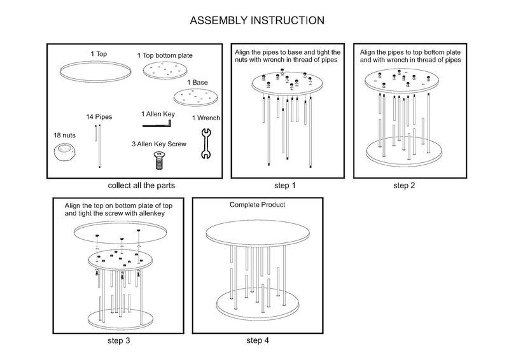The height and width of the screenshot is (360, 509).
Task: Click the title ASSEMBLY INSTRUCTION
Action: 258,20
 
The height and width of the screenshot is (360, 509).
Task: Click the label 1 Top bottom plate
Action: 165,56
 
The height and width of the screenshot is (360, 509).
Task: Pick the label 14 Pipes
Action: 99,117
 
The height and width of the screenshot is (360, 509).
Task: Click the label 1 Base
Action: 197,83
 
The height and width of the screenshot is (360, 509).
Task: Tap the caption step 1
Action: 284,186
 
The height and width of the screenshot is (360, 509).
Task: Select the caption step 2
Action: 404,186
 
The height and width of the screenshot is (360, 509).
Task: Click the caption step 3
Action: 119,340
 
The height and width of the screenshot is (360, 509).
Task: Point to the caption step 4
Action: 258,340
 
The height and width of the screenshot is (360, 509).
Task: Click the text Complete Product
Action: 257,205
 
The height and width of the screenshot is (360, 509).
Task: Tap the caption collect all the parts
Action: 141,186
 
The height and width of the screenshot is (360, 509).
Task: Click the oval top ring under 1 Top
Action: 92,70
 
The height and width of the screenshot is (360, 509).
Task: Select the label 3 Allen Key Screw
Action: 158,144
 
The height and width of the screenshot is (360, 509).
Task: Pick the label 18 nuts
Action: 64,135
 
